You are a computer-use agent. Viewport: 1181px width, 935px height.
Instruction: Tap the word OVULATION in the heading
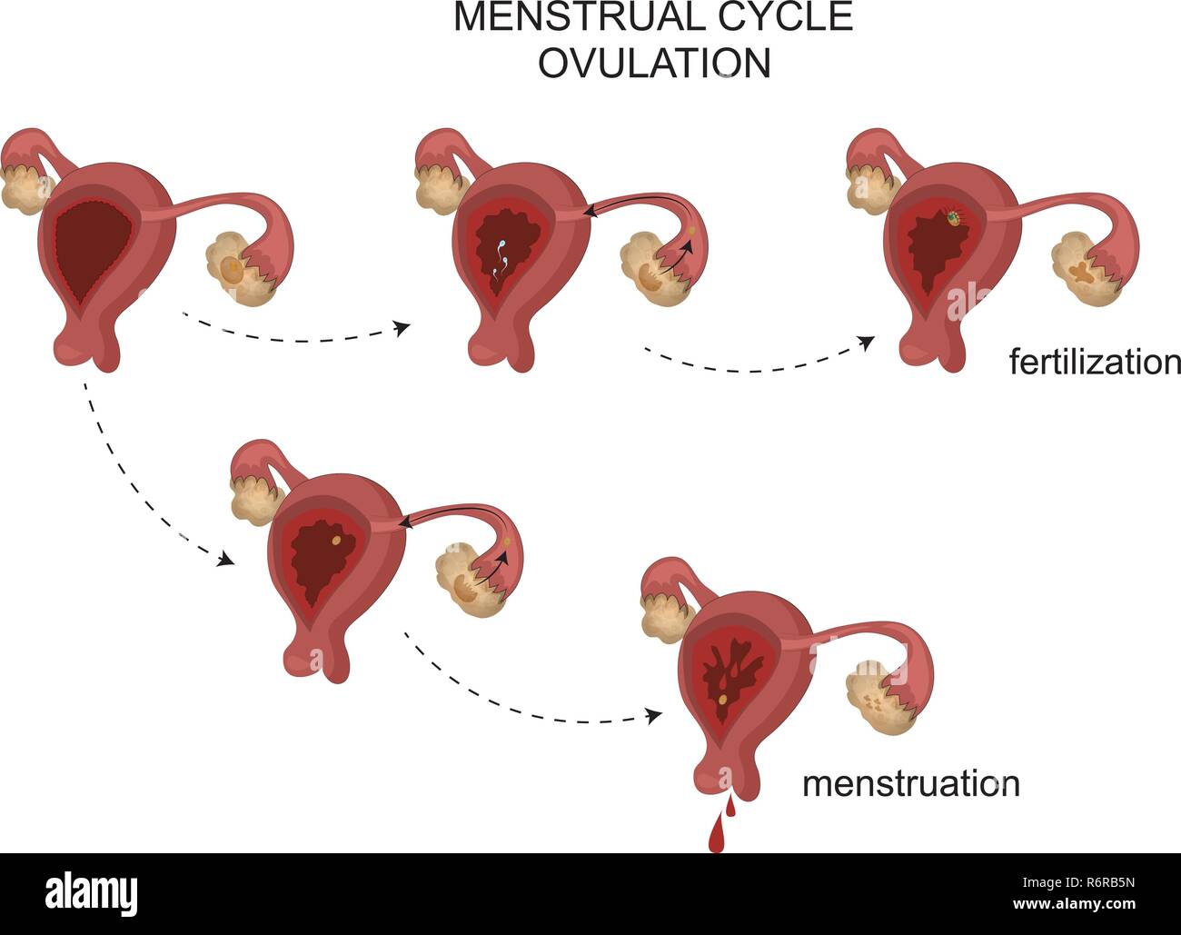coord(654,62)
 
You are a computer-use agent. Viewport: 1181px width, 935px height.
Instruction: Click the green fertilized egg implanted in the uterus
coord(955,218)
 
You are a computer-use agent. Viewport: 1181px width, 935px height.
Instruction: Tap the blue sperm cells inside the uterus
coord(501,260)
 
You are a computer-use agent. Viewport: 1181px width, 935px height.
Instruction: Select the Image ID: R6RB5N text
coord(1077,882)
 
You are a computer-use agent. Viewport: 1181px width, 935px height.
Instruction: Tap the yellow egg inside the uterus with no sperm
coord(336,540)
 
